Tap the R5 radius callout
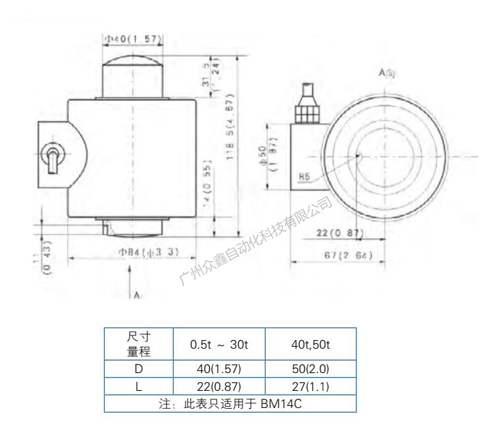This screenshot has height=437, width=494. (x=304, y=177)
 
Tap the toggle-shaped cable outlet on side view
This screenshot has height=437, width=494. (x=51, y=159)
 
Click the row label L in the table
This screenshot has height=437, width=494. (x=138, y=387)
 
